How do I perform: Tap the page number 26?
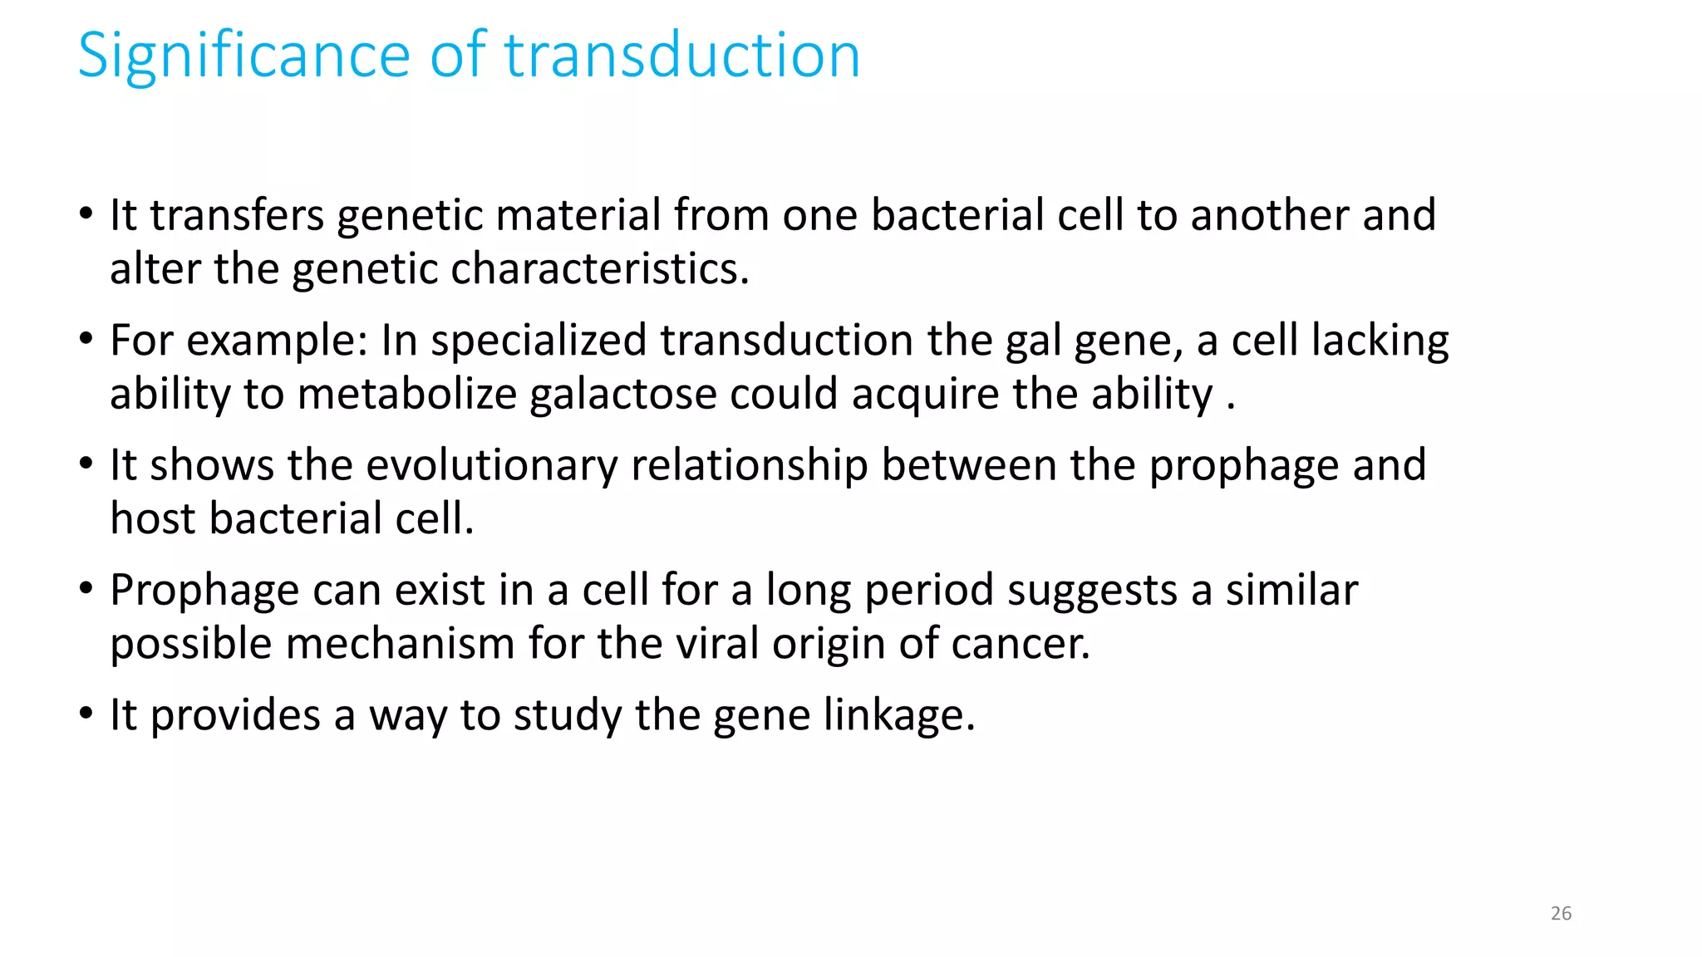pos(1561,913)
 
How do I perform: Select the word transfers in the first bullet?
pos(237,215)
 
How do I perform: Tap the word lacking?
pos(1380,341)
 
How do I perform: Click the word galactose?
pos(623,394)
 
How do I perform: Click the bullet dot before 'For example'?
pos(86,339)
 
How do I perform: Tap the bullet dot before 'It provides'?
pos(86,714)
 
